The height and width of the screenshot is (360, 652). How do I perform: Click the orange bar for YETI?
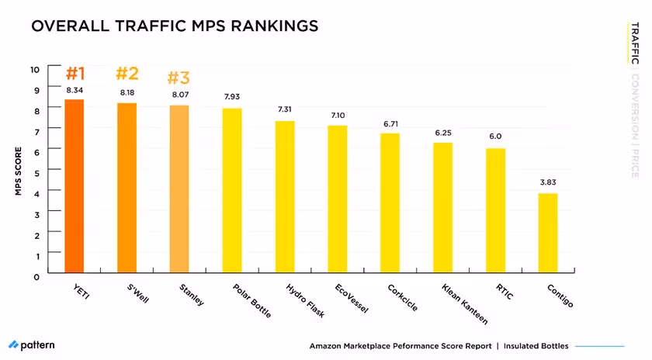coord(75,185)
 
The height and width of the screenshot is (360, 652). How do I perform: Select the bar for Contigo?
coord(548,232)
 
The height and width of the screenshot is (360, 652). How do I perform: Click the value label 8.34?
coord(75,91)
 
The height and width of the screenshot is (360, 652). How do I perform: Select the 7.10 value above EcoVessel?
coord(338,115)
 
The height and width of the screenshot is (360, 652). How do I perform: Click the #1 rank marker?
coord(75,74)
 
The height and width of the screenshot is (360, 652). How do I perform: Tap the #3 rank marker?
coord(179,78)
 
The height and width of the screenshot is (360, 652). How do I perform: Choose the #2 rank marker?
coord(127,74)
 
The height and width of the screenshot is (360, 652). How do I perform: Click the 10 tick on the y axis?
coord(35,69)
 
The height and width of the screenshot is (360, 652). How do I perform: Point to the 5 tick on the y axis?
coord(36,169)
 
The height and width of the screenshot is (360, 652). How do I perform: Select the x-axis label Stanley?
coord(190,296)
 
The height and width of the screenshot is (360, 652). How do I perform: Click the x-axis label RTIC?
coord(504,291)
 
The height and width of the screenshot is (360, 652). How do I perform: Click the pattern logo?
coord(32,344)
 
